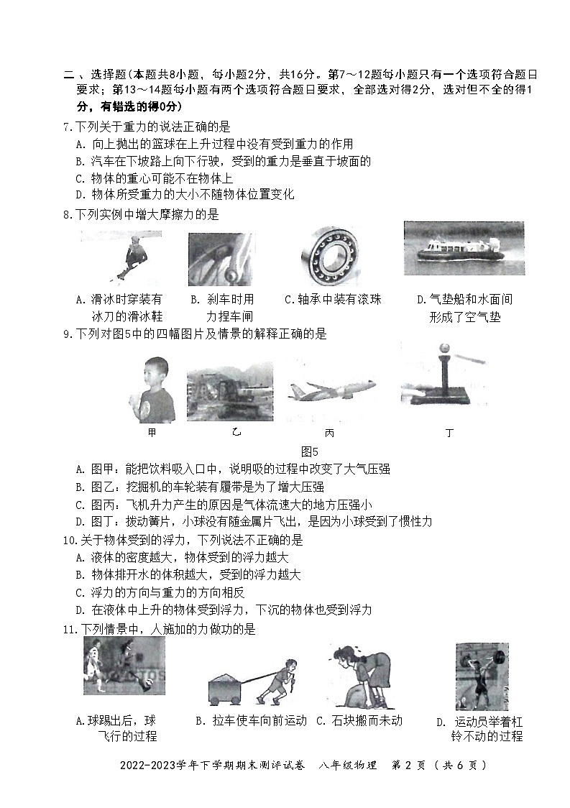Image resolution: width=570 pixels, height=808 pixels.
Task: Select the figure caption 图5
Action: click(x=310, y=451)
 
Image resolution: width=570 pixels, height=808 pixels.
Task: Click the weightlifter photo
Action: click(x=482, y=676)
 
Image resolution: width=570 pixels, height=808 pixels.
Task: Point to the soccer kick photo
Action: click(x=124, y=666)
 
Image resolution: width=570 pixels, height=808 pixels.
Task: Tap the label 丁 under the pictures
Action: click(x=449, y=433)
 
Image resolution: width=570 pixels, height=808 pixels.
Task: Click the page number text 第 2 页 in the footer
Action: click(x=413, y=765)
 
